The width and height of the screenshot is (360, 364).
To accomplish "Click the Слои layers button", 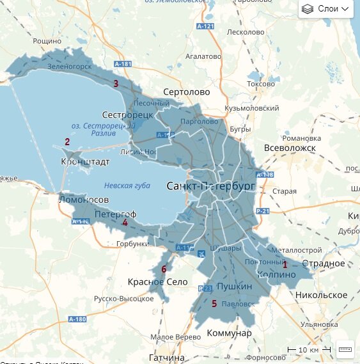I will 326,9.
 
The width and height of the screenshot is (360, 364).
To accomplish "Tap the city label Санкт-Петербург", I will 210,186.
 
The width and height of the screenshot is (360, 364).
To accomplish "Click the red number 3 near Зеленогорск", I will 116,83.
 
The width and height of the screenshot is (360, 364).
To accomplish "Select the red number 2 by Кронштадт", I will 67,142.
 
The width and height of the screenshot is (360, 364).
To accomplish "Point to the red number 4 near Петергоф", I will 125,223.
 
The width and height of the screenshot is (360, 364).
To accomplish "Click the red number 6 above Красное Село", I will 164,269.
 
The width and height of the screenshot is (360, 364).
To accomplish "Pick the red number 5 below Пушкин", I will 214,303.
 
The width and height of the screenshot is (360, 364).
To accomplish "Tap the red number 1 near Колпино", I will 285,264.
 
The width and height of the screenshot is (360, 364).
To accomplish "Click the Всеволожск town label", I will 285,148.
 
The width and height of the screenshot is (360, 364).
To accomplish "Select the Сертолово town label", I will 186,92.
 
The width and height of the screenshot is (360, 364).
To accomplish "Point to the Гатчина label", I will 167,357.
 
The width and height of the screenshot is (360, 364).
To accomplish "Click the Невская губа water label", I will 127,186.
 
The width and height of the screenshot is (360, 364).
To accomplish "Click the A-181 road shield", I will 122,65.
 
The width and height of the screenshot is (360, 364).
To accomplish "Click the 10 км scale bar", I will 308,350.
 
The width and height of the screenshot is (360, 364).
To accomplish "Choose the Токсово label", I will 260,84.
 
